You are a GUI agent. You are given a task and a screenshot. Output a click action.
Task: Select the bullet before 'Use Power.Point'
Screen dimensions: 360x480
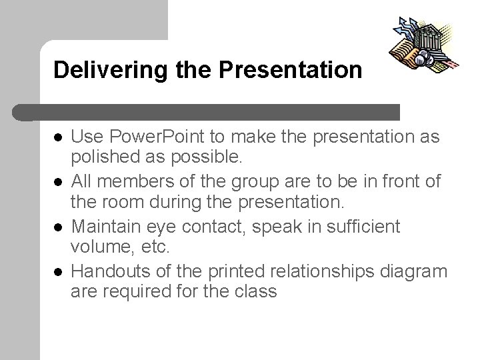[58, 137]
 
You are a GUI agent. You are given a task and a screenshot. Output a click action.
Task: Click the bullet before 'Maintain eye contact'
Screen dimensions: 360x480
[58, 227]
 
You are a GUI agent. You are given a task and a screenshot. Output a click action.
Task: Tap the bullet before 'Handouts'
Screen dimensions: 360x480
[58, 271]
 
